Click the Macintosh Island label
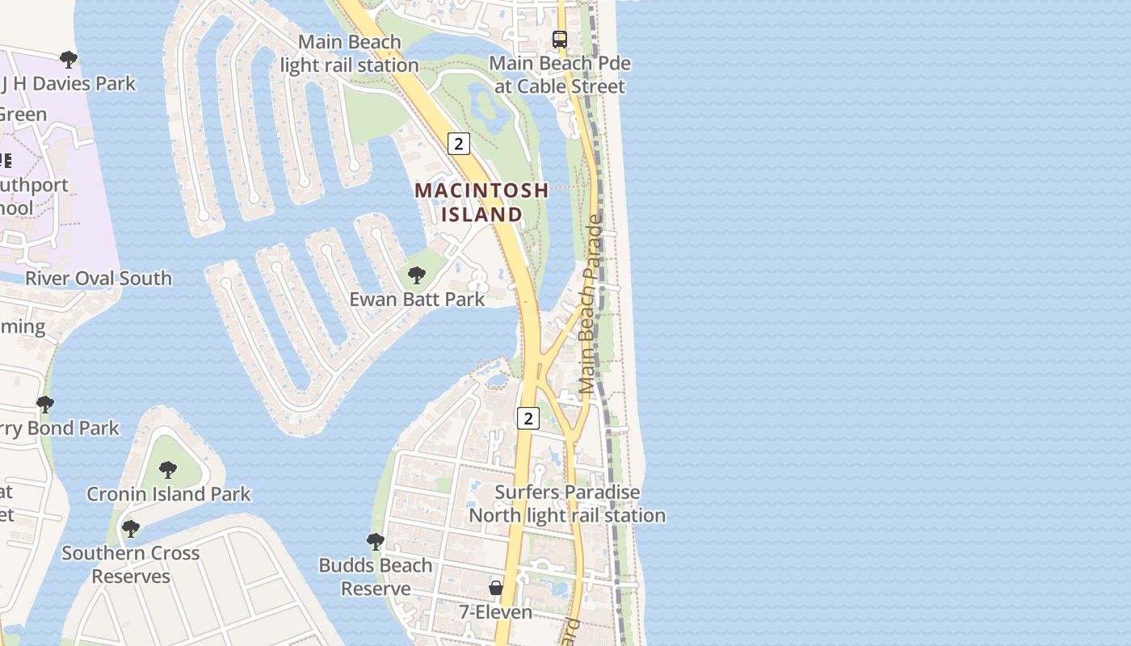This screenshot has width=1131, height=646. [481, 202]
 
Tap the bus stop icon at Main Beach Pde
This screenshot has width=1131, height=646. [559, 39]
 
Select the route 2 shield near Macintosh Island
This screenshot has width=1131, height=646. [458, 144]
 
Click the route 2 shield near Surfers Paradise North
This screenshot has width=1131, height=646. [528, 417]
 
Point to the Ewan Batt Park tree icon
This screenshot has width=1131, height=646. [416, 275]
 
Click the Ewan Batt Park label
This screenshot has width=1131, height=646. [417, 299]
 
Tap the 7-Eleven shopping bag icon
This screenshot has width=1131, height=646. [496, 588]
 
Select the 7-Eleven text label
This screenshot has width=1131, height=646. [496, 612]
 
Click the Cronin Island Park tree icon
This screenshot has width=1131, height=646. [167, 469]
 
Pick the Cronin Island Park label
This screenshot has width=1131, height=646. [168, 493]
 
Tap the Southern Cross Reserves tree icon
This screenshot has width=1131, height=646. [130, 529]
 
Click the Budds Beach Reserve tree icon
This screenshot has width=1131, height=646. [375, 541]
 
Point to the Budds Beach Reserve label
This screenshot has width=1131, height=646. [376, 577]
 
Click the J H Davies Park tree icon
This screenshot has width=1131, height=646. [69, 59]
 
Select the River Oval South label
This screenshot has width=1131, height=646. [99, 279]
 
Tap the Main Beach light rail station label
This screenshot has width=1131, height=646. [349, 53]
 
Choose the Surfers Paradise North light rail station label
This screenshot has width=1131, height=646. [567, 503]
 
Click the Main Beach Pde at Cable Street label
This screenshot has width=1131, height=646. [559, 74]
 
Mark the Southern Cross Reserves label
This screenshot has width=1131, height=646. [130, 564]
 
